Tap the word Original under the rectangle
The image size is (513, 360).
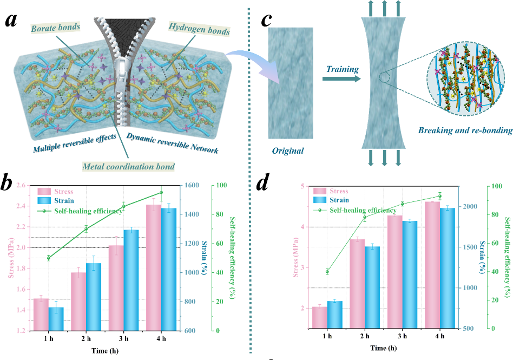[288, 150]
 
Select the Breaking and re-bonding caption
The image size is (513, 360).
[465, 130]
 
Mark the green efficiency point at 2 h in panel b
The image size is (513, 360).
[86, 229]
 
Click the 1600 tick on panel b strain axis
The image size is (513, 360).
[194, 185]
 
